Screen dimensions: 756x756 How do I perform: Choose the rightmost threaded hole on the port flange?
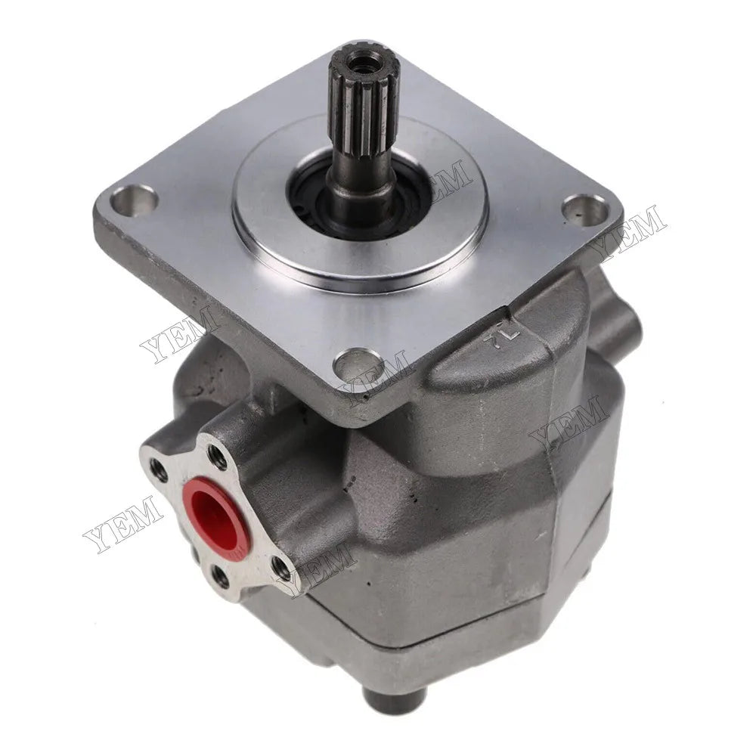[282, 564]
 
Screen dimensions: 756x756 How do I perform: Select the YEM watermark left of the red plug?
[121, 522]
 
